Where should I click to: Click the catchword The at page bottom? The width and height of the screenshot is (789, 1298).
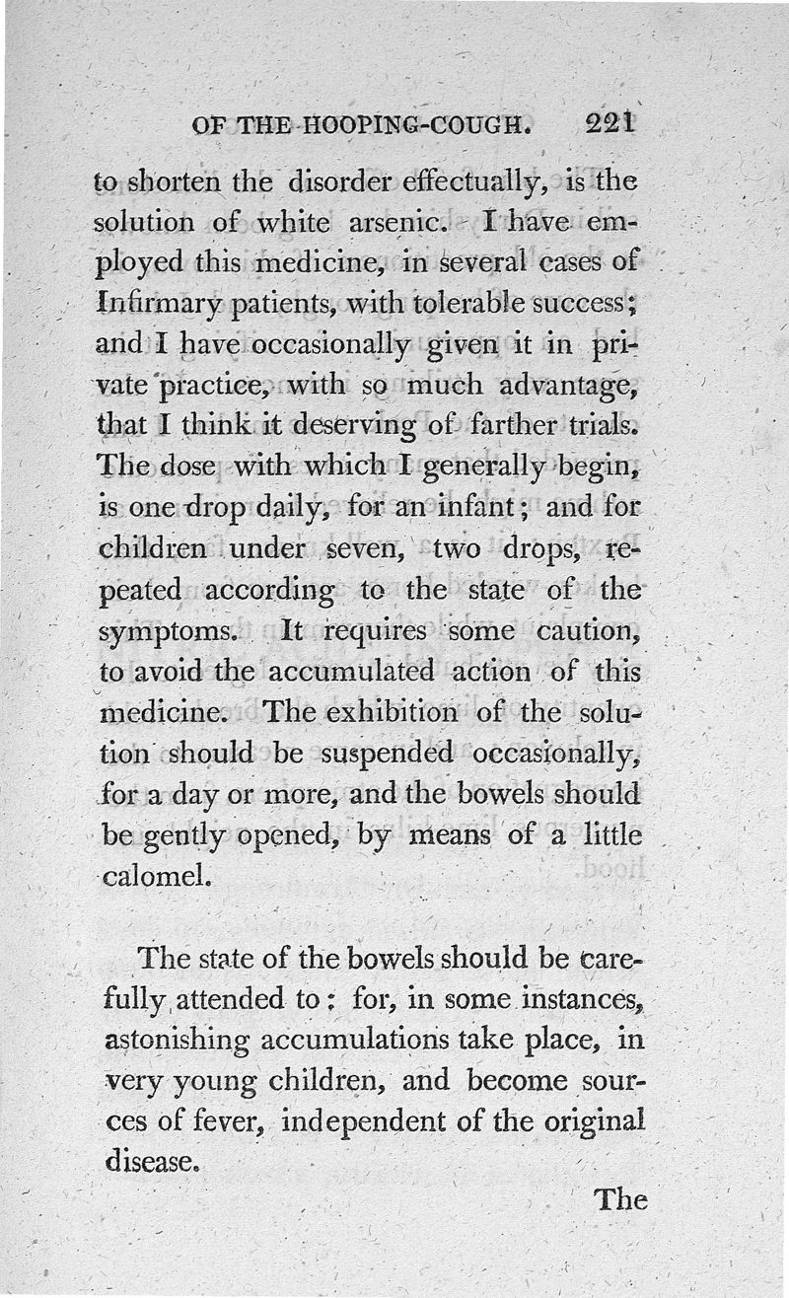(x=619, y=1199)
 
